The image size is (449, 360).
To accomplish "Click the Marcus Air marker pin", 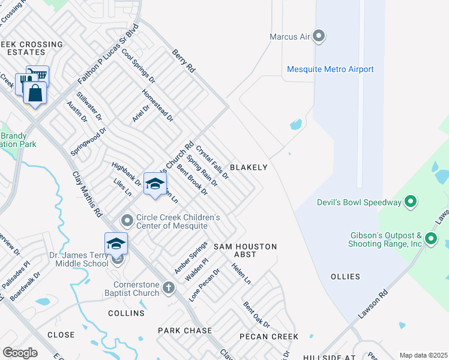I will [x=319, y=37].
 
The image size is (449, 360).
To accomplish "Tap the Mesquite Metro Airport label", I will [x=330, y=70].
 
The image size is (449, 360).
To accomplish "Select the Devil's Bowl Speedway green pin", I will [x=411, y=202].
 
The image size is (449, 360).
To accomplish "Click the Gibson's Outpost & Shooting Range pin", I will [x=431, y=239].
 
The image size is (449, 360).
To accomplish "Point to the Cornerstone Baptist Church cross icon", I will [x=169, y=288].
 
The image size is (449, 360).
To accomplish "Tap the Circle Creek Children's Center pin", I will [x=127, y=221].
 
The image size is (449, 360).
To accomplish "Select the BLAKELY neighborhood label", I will [x=249, y=167].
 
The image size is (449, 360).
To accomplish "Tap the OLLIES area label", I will [x=345, y=277].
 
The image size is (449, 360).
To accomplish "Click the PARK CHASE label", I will [x=185, y=331].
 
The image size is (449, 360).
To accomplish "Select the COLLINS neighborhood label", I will [x=126, y=313].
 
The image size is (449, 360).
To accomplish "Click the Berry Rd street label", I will [x=183, y=61].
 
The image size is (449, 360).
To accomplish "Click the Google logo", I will [x=20, y=352].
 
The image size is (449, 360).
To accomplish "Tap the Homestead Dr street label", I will [x=157, y=105].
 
